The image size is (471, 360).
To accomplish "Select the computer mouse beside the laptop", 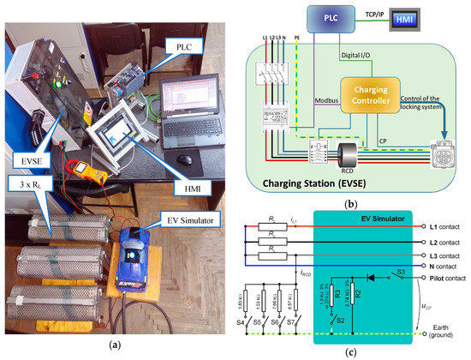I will [x=186, y=159].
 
